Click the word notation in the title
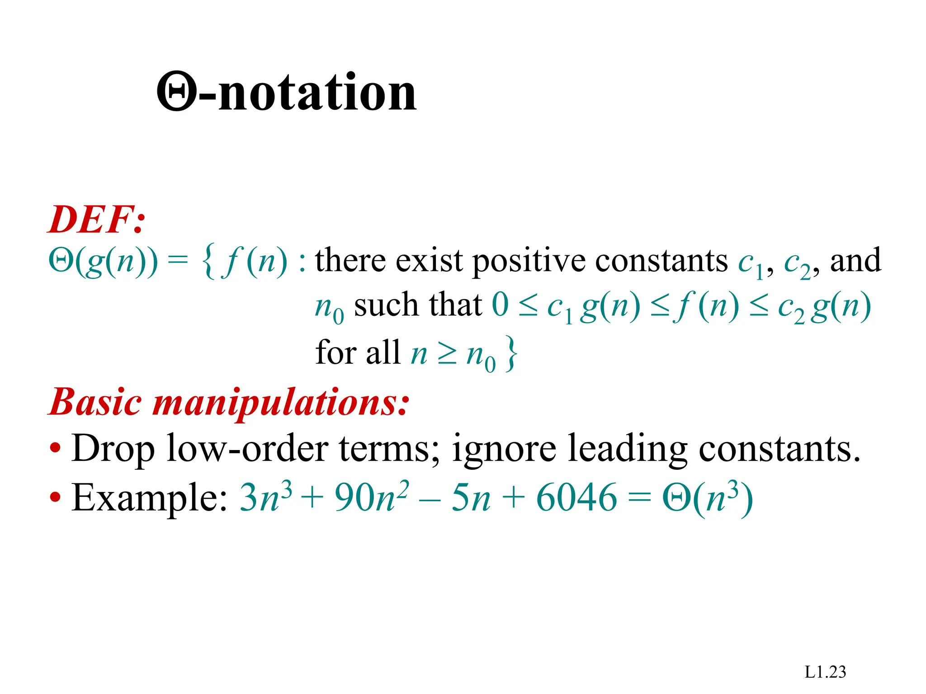click(x=317, y=93)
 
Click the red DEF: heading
click(x=97, y=220)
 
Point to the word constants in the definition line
click(x=661, y=261)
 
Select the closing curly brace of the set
click(x=511, y=354)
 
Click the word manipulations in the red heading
click(x=280, y=402)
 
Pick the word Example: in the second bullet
click(x=150, y=498)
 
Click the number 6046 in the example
click(x=576, y=498)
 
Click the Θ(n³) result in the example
click(x=708, y=498)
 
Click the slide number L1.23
click(x=825, y=672)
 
